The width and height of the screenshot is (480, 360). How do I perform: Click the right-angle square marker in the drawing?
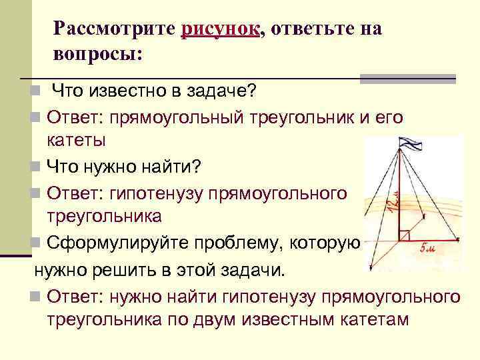(405, 234)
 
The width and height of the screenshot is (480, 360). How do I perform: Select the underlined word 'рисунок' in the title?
(219, 29)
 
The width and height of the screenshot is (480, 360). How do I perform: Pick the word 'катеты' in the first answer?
(77, 139)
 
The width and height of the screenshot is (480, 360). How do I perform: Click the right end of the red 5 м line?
(458, 239)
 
